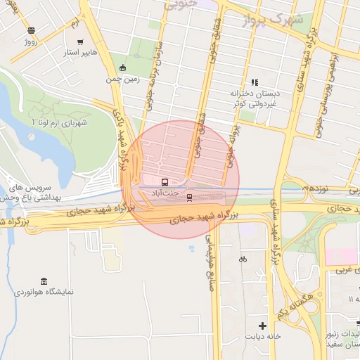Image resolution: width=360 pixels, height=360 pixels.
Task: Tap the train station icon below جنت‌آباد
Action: pos(189,198)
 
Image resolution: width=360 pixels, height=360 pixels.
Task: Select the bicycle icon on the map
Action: pos(243,259)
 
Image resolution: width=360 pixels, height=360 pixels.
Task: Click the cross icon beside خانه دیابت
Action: pos(263,326)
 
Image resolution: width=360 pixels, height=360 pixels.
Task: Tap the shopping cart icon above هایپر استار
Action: pos(80,41)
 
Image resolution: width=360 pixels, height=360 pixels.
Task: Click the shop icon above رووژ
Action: pos(30,30)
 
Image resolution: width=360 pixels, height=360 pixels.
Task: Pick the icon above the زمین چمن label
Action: pos(123,68)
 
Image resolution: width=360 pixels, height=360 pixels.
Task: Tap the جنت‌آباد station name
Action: pos(166,192)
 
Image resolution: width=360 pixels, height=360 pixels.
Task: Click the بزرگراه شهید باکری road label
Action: pos(122,127)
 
